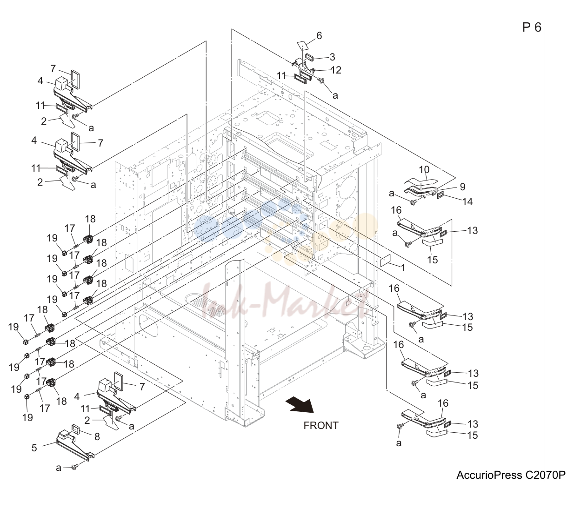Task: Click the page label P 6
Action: click(x=532, y=27)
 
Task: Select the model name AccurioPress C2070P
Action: click(x=511, y=475)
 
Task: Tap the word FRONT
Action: click(x=321, y=426)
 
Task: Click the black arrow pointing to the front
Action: click(x=300, y=405)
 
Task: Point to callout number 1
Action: click(x=403, y=268)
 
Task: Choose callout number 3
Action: click(x=332, y=57)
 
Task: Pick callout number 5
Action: click(x=34, y=448)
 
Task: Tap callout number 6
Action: click(x=319, y=35)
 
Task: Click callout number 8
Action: click(x=97, y=436)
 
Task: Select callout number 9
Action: click(x=463, y=187)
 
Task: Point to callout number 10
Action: click(x=424, y=169)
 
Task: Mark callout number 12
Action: click(x=336, y=70)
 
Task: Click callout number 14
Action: click(x=467, y=201)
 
